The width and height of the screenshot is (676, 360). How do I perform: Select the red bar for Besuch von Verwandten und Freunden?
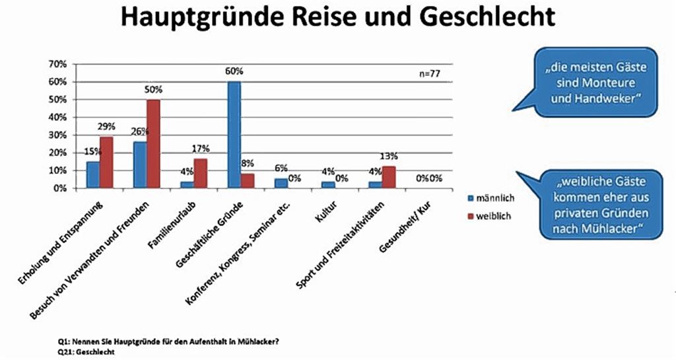153,143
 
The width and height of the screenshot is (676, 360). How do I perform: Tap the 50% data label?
153,89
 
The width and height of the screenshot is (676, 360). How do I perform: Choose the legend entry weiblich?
492,215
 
